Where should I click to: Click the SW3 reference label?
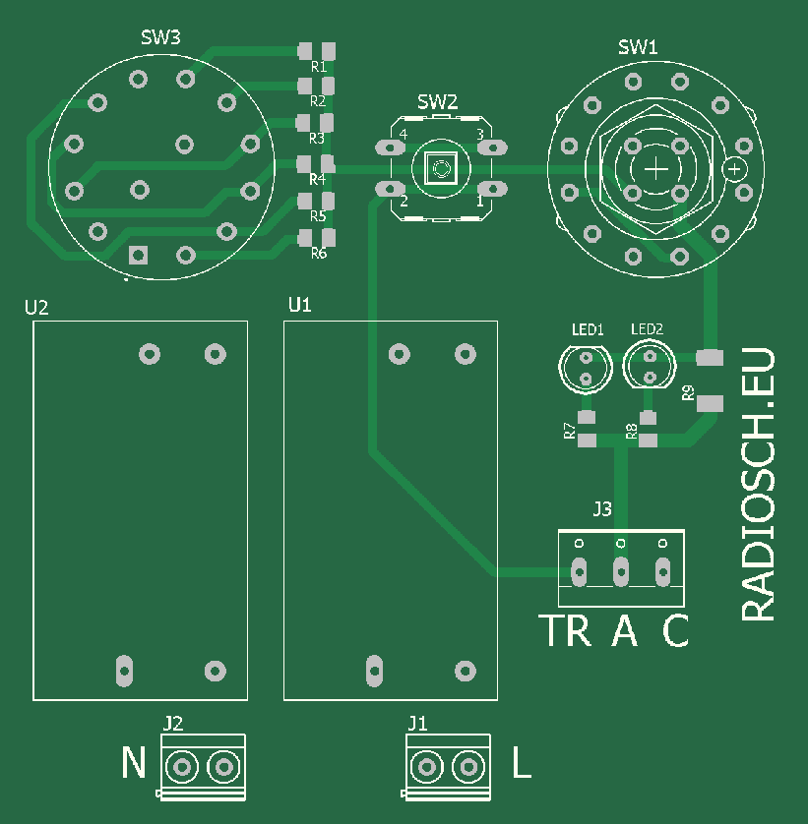(160, 38)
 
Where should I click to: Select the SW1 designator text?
(638, 46)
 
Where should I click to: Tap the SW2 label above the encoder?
(437, 101)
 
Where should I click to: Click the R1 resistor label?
(318, 67)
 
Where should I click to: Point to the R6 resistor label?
(318, 254)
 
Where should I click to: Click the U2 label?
(36, 308)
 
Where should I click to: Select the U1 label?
(300, 306)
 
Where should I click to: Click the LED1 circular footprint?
(587, 367)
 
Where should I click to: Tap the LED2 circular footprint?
(649, 366)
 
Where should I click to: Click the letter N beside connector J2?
(134, 763)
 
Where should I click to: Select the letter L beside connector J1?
(522, 763)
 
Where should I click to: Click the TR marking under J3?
(566, 631)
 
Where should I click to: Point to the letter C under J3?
(675, 631)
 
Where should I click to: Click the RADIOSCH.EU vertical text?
(759, 485)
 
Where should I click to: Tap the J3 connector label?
(602, 509)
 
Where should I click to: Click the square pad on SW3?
(138, 256)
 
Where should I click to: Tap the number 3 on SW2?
(479, 134)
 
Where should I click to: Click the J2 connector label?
(173, 724)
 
